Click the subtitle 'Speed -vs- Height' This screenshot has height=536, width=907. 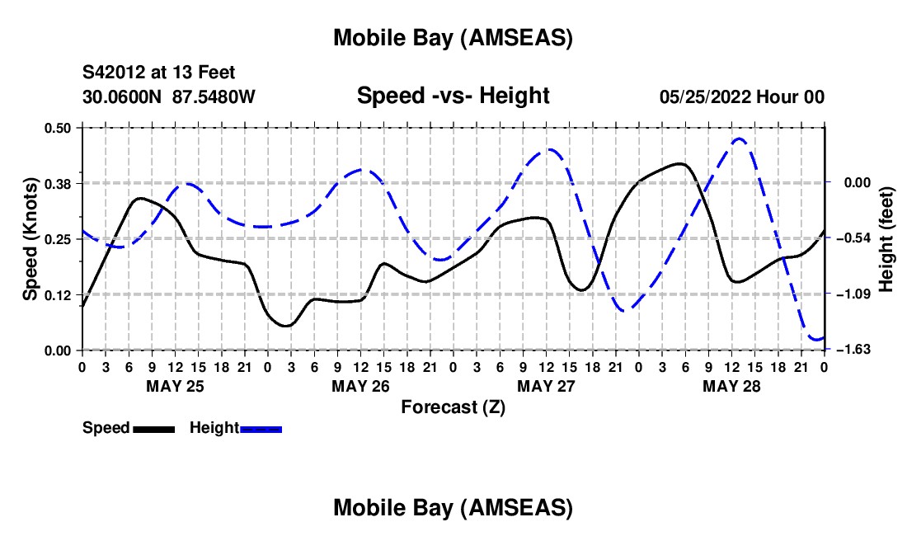[x=453, y=96]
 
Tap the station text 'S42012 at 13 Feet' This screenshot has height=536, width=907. [x=152, y=73]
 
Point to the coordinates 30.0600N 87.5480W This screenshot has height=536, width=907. [x=169, y=96]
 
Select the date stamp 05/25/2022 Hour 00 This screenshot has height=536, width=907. [x=742, y=96]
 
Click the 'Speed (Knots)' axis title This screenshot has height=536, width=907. [x=31, y=239]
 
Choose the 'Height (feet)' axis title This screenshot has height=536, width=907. [x=886, y=239]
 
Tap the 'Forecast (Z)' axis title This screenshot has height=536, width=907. [x=453, y=407]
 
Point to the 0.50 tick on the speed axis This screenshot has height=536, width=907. [x=58, y=128]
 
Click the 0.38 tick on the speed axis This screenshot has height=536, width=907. [x=58, y=183]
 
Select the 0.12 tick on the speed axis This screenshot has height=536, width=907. [x=58, y=294]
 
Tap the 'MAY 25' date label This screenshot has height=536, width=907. [x=175, y=386]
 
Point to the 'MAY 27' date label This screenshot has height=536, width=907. [x=546, y=386]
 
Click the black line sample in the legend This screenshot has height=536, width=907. [x=153, y=429]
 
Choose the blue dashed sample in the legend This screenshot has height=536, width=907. [x=261, y=429]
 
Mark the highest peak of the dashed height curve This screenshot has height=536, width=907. [x=739, y=139]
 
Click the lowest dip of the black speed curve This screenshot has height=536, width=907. [x=285, y=326]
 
